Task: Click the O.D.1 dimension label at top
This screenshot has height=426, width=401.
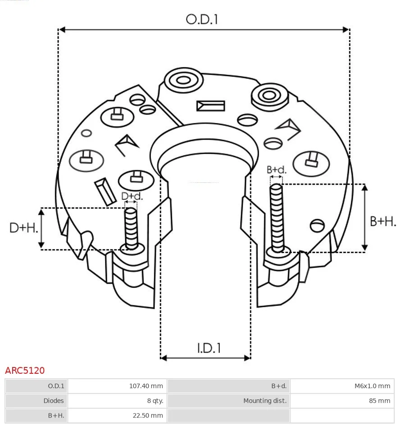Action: click(x=202, y=19)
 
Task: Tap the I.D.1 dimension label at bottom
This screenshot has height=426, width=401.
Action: click(x=209, y=348)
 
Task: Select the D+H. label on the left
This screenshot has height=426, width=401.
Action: click(x=23, y=228)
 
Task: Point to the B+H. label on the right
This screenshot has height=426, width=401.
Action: click(x=383, y=221)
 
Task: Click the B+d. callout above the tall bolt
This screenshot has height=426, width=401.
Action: click(x=276, y=170)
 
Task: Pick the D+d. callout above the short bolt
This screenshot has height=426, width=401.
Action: click(x=132, y=196)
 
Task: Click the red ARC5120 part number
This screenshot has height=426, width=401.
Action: click(x=25, y=371)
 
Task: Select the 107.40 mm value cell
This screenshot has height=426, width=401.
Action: click(x=117, y=386)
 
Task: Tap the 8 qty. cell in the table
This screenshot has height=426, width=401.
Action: click(x=117, y=401)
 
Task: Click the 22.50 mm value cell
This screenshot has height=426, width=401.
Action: click(x=117, y=415)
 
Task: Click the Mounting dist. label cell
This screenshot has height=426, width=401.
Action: click(x=229, y=401)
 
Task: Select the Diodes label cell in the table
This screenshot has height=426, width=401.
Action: click(x=36, y=401)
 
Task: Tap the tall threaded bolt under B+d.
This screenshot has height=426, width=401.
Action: click(x=277, y=218)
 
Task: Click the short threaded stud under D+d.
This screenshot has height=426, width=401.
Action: click(x=131, y=228)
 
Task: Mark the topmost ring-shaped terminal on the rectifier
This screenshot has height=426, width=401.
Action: click(x=183, y=81)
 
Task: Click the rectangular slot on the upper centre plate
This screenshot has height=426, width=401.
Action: click(x=210, y=106)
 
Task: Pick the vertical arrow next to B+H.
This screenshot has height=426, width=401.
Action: click(x=365, y=218)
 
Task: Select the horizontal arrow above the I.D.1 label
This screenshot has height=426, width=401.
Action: click(x=205, y=358)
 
